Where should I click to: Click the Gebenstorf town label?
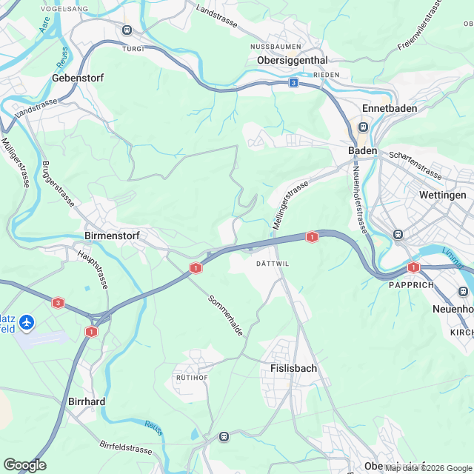coord(78,78)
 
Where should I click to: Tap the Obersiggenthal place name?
coord(292,59)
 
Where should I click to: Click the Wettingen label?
coord(443,195)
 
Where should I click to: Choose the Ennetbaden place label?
coord(390,108)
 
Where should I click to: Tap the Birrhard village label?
coord(87,401)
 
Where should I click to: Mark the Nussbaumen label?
coord(276,45)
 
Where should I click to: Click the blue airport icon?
coord(27,322)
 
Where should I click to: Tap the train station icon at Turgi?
coord(127,30)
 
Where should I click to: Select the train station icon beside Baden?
coord(363,127)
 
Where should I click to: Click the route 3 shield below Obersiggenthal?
coord(294,83)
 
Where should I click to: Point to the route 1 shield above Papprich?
coord(413,267)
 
